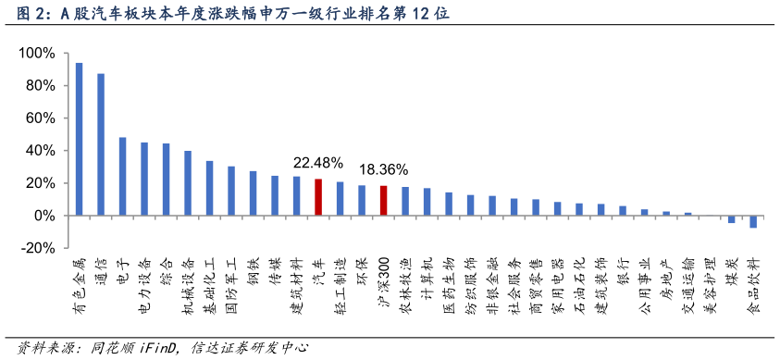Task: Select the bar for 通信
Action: click(x=101, y=144)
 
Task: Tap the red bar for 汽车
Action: click(x=318, y=197)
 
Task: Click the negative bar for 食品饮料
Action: click(x=752, y=221)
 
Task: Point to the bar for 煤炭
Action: click(x=731, y=219)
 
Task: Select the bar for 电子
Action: click(x=122, y=177)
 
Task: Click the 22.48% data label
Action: click(x=318, y=162)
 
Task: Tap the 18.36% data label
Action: click(x=383, y=169)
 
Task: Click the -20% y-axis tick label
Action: click(x=37, y=248)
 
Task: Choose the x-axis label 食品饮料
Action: click(x=752, y=287)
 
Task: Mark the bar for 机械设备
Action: click(x=188, y=183)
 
